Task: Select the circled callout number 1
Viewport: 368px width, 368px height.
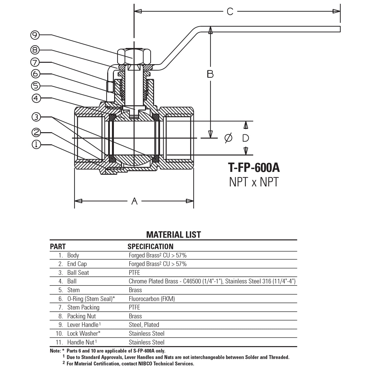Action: (x=36, y=145)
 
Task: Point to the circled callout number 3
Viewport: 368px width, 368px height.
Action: (x=36, y=117)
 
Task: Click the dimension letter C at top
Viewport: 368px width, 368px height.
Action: (x=230, y=11)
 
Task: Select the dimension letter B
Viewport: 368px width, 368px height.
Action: (x=210, y=74)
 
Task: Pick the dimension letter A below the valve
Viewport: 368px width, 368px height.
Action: (x=134, y=201)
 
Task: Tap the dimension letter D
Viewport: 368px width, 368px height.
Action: (x=246, y=138)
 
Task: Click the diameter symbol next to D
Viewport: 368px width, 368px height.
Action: (x=228, y=138)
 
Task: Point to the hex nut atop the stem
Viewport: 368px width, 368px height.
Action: (x=134, y=57)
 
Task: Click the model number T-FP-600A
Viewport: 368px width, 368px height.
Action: (x=254, y=168)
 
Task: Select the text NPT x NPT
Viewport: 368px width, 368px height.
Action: (x=254, y=182)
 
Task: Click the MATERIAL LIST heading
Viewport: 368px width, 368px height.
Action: (x=173, y=235)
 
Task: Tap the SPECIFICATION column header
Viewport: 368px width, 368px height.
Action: (x=150, y=247)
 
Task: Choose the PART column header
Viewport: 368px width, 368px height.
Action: (x=58, y=247)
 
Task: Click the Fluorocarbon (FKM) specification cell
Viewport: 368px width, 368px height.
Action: (x=152, y=299)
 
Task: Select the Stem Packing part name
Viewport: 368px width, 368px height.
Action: (x=83, y=307)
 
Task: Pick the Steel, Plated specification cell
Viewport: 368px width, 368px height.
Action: (x=144, y=325)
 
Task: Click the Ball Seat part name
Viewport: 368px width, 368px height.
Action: (x=78, y=273)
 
